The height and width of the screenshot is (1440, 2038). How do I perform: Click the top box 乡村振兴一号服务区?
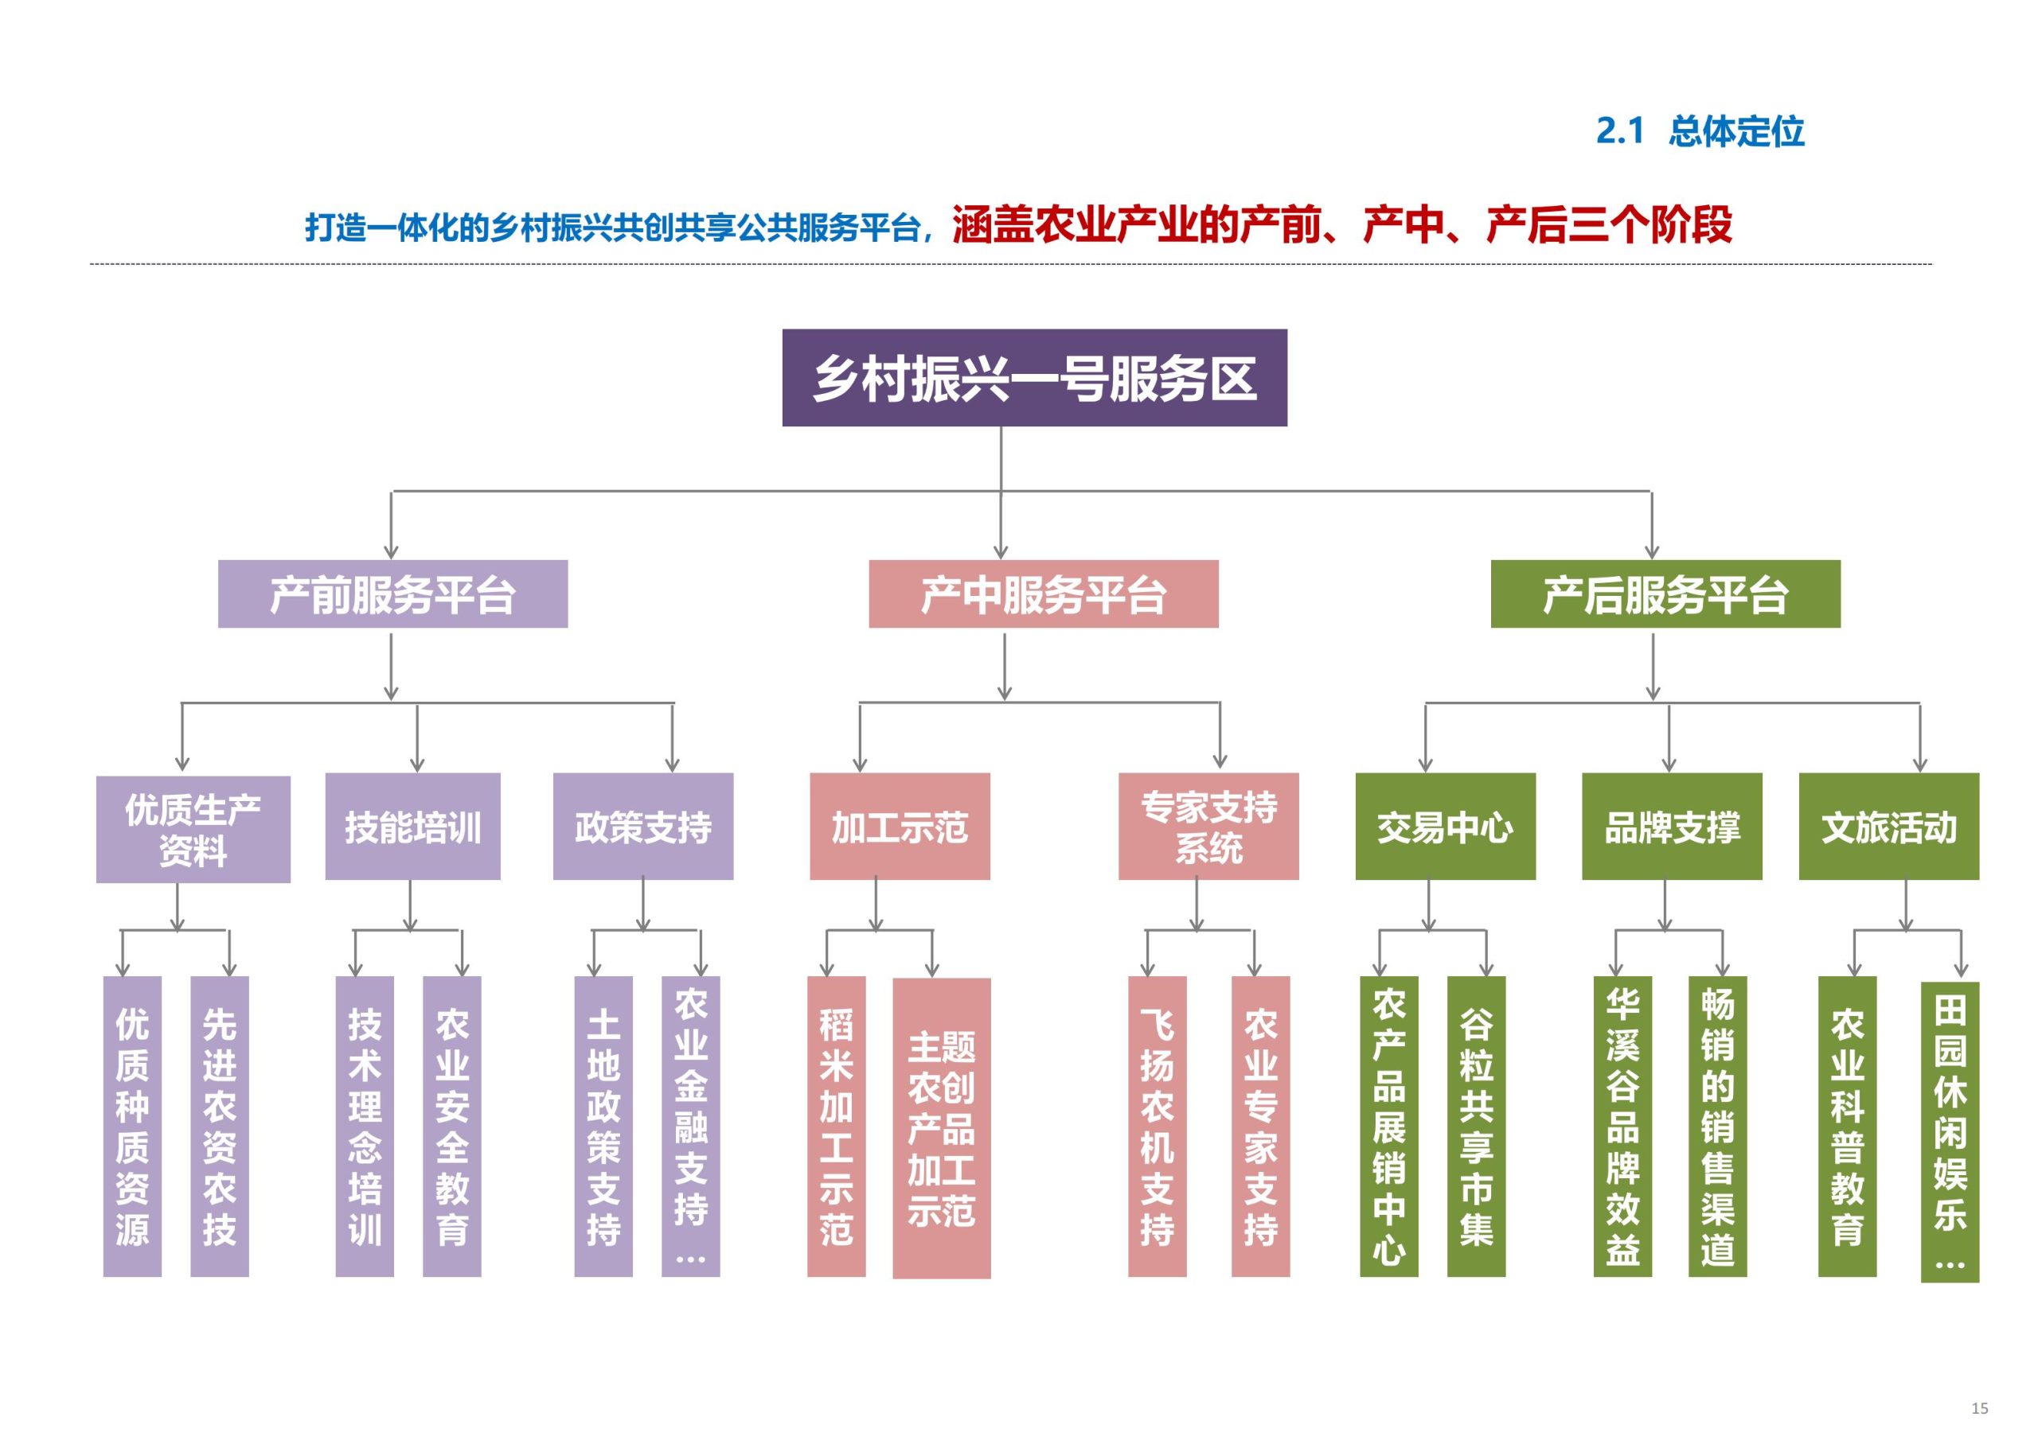click(1034, 378)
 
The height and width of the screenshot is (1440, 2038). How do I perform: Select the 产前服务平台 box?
click(392, 594)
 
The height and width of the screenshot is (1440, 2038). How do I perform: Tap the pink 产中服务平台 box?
click(1043, 594)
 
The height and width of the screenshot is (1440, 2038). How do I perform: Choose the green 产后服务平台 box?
click(1665, 594)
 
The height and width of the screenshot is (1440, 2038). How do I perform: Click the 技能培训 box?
click(412, 827)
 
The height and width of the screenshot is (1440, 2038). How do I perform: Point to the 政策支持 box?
click(642, 827)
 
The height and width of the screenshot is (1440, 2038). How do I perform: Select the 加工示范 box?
click(899, 827)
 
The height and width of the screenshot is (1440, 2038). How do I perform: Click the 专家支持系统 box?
click(1208, 827)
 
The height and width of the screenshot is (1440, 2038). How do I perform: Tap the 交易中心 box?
click(1444, 827)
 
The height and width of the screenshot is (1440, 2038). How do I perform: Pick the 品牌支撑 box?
click(1672, 827)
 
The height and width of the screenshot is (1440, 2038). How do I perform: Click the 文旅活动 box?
click(1888, 827)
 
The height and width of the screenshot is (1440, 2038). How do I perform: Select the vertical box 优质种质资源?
click(132, 1126)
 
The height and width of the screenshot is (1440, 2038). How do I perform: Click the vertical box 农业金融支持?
click(690, 1126)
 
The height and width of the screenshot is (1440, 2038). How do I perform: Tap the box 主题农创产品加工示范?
click(941, 1127)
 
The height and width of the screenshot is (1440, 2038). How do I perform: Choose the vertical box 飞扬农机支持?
click(1157, 1126)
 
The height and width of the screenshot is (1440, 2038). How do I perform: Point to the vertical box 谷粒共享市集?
click(1475, 1126)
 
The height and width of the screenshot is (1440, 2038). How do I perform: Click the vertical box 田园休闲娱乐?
click(1950, 1131)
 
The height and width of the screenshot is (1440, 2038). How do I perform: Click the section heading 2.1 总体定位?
click(1699, 131)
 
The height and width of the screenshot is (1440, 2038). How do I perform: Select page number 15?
click(1978, 1408)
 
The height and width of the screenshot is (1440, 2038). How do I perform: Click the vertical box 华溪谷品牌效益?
click(1622, 1126)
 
